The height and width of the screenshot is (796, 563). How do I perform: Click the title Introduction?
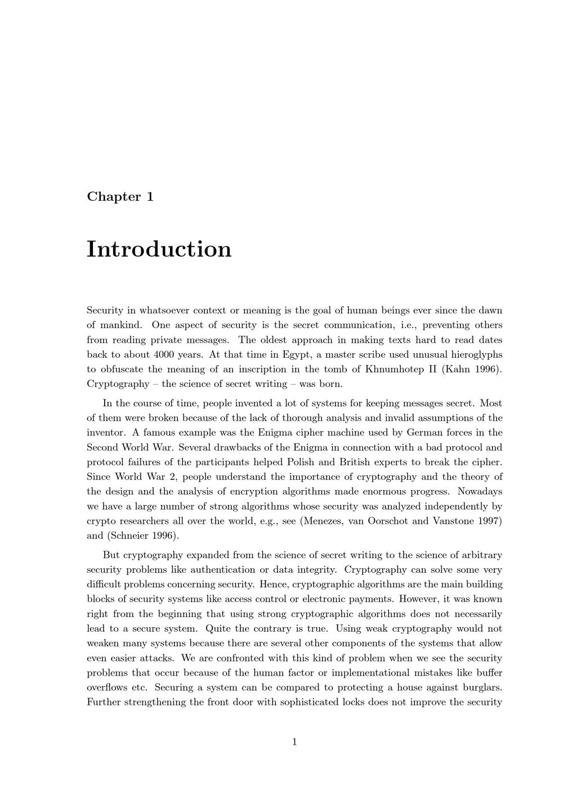pyautogui.click(x=159, y=249)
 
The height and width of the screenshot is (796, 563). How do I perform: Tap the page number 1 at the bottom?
pyautogui.click(x=294, y=742)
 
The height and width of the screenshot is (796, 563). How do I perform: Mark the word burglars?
pyautogui.click(x=482, y=687)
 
